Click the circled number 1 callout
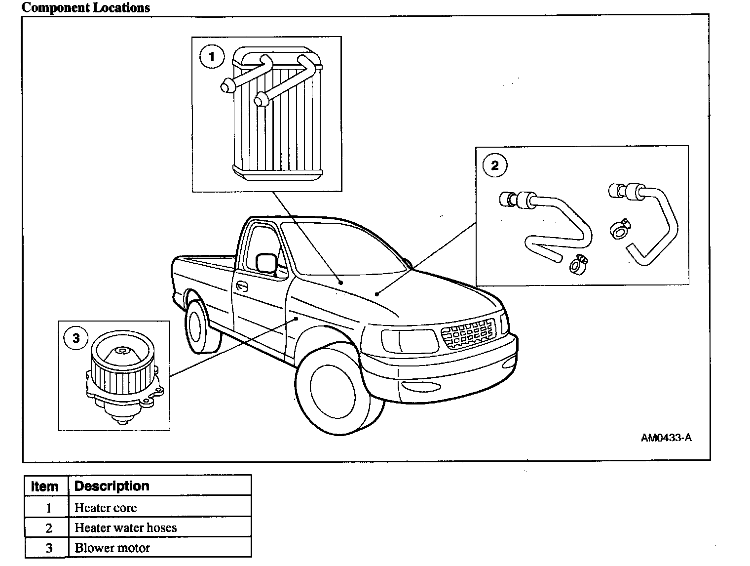212,57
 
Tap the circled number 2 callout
495,165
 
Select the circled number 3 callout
76,338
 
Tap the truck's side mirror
266,264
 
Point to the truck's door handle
242,286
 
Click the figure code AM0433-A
666,438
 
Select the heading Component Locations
86,7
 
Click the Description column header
112,486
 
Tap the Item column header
45,486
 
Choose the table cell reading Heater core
106,508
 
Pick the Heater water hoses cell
125,527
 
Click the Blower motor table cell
112,548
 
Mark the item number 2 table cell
48,527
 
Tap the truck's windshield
340,249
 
